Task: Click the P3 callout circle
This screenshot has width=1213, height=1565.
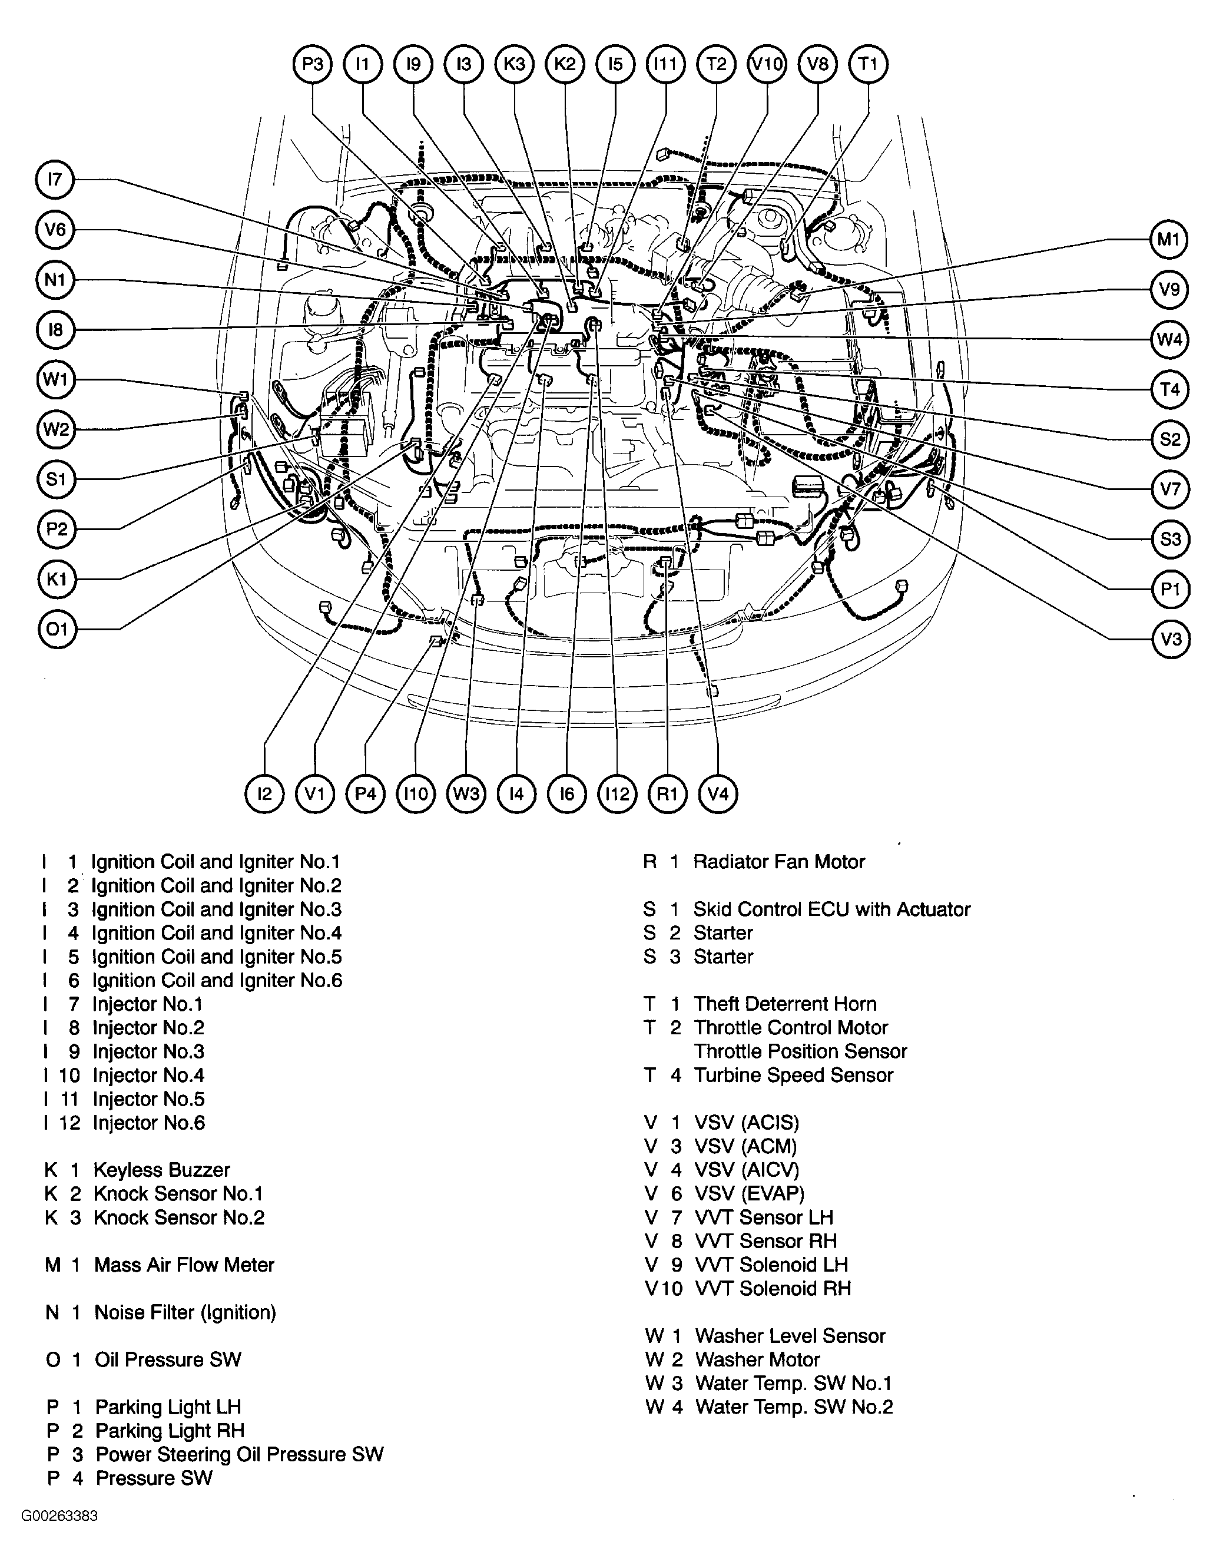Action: point(313,64)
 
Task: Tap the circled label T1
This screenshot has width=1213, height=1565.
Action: point(868,64)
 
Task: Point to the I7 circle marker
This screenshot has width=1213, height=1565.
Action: point(55,180)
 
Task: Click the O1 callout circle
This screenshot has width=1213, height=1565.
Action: point(57,629)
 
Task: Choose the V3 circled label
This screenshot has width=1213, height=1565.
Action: point(1170,638)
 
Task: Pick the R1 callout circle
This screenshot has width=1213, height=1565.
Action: point(667,794)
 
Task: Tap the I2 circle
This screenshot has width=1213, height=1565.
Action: point(264,794)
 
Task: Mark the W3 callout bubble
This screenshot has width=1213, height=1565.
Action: point(466,794)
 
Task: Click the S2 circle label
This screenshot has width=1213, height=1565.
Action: point(1170,439)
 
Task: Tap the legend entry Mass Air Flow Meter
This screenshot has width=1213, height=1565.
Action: point(184,1265)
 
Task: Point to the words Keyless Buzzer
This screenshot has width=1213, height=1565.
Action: point(162,1170)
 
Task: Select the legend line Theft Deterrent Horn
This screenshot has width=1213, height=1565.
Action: point(784,1004)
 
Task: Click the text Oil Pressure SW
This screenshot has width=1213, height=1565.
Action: point(168,1359)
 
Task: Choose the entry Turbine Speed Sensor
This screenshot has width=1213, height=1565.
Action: point(793,1075)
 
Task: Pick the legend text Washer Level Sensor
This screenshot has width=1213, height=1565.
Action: point(790,1336)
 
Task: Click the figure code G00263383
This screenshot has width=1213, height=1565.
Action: point(59,1536)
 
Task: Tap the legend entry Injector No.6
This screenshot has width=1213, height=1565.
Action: point(148,1123)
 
